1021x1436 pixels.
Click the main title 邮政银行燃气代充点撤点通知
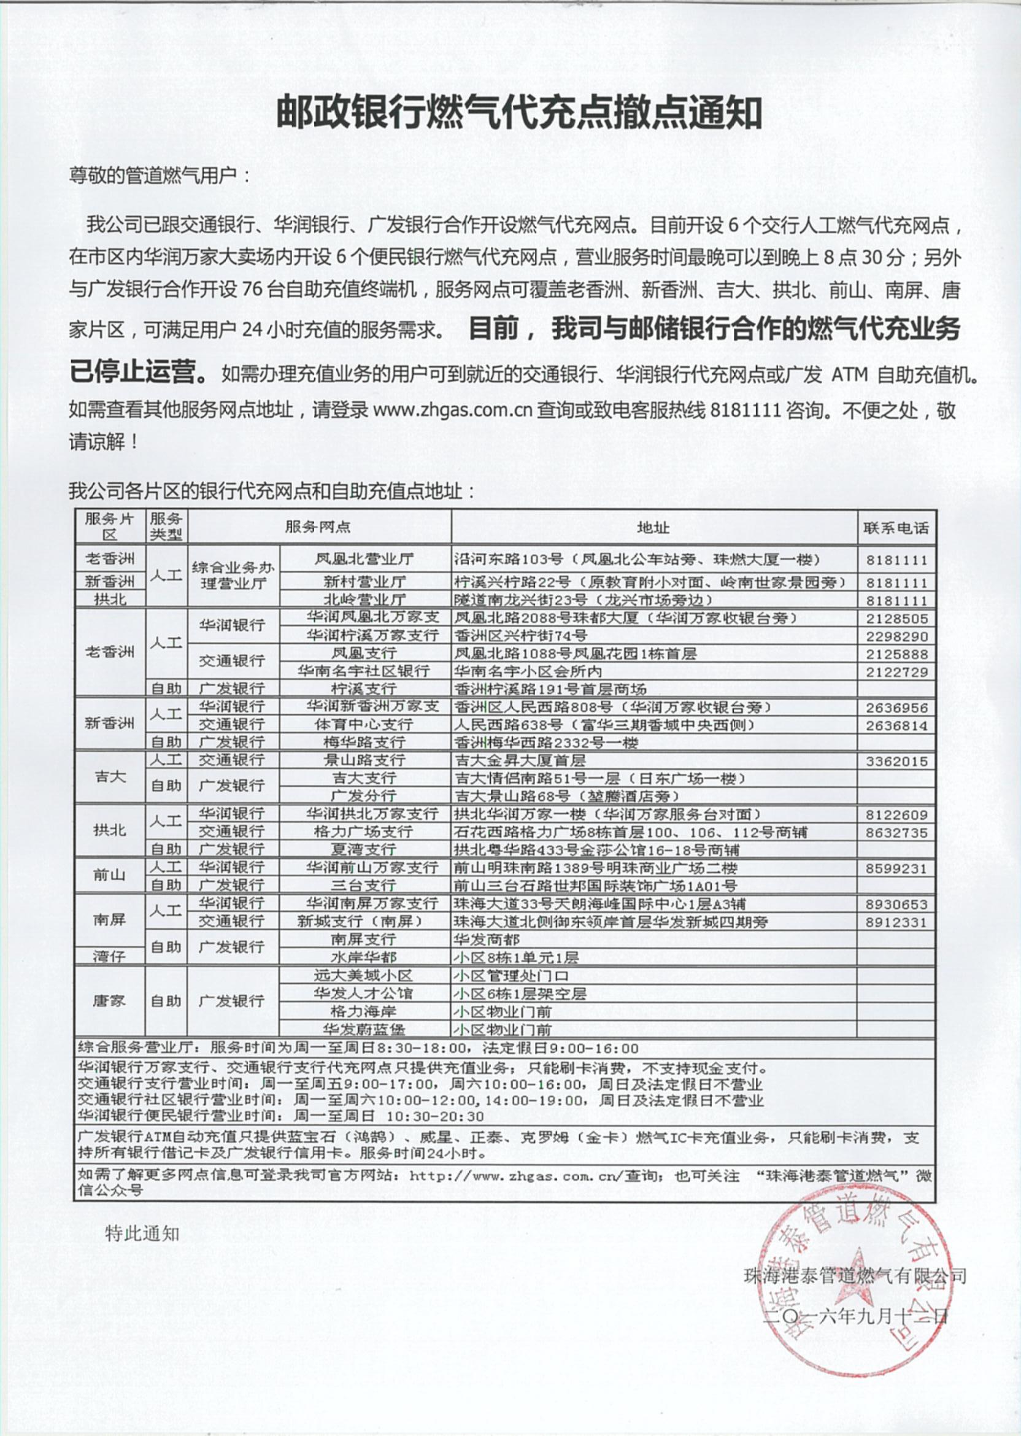519,113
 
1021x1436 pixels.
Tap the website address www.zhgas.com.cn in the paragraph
452,411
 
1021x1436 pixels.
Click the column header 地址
653,527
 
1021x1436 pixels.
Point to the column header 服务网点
318,527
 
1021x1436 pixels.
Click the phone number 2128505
896,619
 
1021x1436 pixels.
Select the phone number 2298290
896,636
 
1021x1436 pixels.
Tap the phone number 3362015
896,762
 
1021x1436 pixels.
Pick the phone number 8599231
896,869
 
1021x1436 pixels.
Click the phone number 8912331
896,922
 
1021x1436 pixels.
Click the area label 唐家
109,1001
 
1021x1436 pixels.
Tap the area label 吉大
109,777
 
